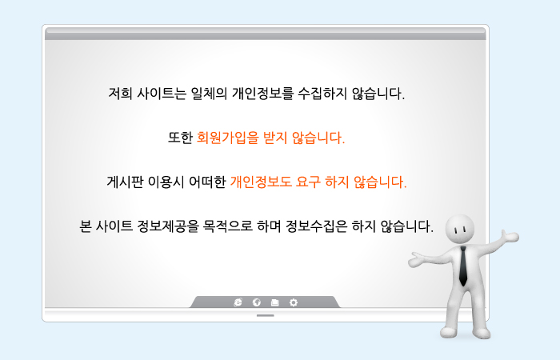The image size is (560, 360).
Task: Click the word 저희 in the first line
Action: (x=120, y=94)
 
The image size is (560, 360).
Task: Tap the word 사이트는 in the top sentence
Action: (x=162, y=94)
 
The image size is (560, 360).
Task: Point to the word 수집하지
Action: (x=322, y=94)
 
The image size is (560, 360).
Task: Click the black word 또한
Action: (x=180, y=138)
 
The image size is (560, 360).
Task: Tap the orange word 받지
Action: (x=275, y=138)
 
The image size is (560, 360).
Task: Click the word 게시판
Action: (x=125, y=182)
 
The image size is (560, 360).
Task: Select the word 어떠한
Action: (x=207, y=182)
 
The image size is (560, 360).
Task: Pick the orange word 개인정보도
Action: (x=261, y=182)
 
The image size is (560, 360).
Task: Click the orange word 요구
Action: (x=308, y=182)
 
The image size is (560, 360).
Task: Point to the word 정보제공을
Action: (x=168, y=226)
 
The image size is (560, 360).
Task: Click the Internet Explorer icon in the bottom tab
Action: (x=238, y=302)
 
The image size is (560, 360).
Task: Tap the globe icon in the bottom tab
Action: (x=257, y=302)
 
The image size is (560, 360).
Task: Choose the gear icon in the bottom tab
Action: (x=294, y=302)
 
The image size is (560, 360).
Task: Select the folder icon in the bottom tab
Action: (x=274, y=302)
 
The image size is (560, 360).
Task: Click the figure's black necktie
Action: (x=463, y=266)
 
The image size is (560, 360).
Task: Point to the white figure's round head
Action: (x=460, y=230)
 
